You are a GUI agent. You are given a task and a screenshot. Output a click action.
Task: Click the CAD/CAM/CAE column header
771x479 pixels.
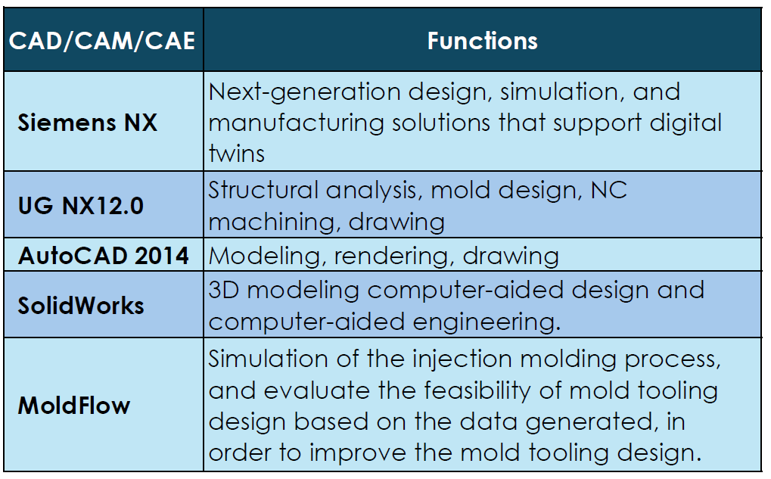pos(102,40)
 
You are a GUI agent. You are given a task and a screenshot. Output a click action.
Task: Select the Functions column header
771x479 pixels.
pos(483,40)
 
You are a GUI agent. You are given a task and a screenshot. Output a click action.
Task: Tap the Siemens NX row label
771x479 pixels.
pos(88,123)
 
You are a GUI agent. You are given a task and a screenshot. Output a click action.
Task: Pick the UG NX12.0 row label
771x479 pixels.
pos(81,206)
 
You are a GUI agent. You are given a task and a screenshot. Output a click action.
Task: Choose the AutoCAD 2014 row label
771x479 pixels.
pos(103,256)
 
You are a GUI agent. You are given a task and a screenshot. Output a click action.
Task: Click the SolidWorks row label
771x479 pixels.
pos(81,306)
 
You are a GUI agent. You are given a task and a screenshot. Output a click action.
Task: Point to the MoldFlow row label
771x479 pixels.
pos(74,406)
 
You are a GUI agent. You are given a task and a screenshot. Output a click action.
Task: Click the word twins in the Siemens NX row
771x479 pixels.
pos(237,154)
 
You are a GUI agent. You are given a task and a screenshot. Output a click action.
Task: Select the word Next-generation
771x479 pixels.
pos(305,93)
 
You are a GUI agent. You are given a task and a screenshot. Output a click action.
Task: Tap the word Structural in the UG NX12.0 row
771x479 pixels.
pos(263,191)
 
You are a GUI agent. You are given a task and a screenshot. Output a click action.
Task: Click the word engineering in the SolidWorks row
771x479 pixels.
pos(487,322)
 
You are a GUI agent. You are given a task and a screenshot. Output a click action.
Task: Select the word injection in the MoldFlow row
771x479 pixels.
pos(462,359)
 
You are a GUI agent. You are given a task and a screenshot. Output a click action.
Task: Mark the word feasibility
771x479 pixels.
pos(477,390)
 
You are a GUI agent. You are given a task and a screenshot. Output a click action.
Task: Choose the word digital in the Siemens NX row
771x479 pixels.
pos(686,123)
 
